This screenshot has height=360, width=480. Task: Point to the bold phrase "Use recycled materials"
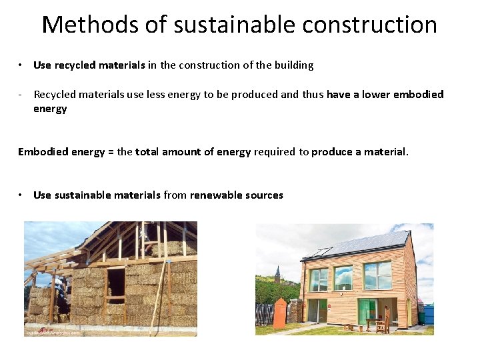click(x=89, y=65)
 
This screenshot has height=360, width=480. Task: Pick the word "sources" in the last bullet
click(x=264, y=195)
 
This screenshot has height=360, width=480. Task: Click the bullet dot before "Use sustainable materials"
click(x=22, y=195)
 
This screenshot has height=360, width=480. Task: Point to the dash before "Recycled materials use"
click(x=21, y=95)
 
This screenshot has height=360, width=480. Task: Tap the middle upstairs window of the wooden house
click(x=343, y=277)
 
